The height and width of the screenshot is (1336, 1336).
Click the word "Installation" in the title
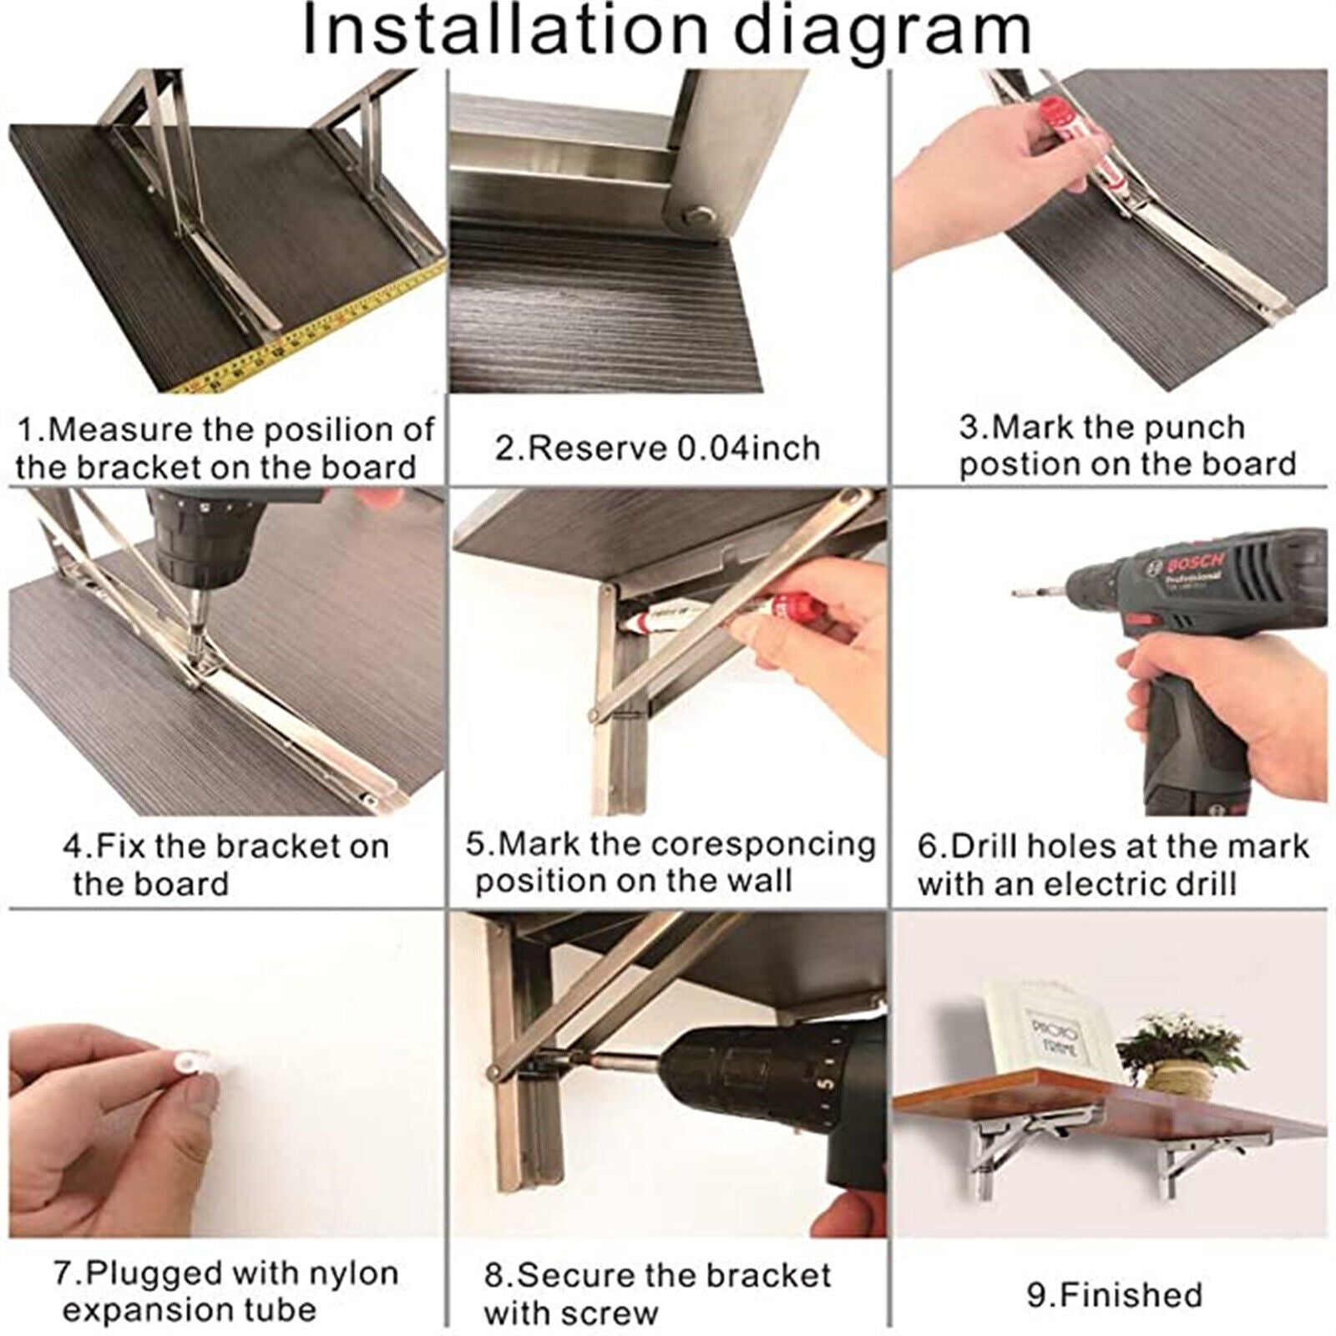(504, 31)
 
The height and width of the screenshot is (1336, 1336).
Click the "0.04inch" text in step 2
(748, 448)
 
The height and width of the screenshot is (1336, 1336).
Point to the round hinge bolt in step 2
(693, 217)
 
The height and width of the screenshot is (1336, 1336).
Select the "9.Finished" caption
(1114, 1295)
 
